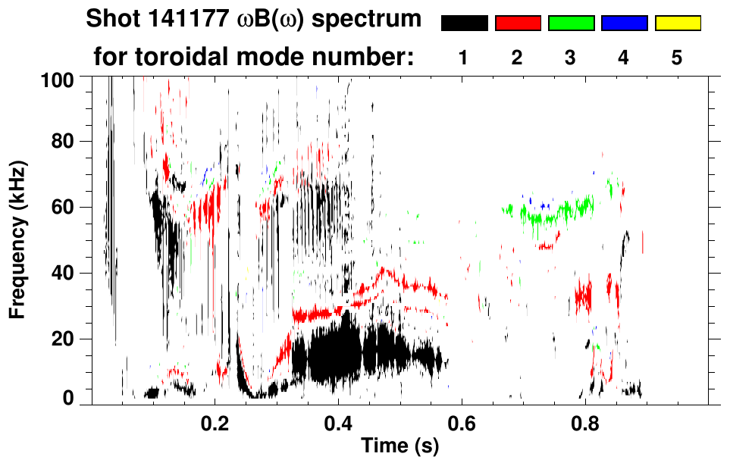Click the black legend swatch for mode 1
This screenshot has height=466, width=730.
(464, 23)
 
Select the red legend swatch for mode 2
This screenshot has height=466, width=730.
(518, 23)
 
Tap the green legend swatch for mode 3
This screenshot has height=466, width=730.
(571, 23)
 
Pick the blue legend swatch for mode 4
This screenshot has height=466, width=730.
(624, 23)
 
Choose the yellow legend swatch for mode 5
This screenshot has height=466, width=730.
(678, 23)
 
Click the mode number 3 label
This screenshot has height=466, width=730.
(571, 58)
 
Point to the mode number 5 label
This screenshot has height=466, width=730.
(678, 58)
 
